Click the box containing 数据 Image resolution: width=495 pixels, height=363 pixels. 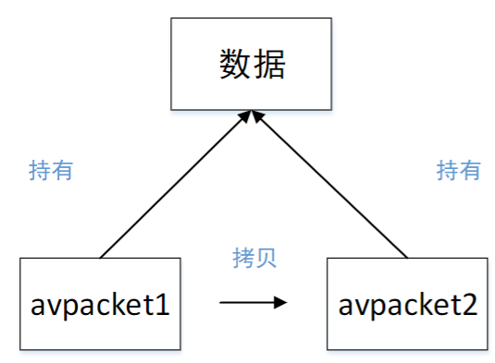click(x=253, y=64)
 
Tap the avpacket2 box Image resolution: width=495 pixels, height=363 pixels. click(x=407, y=305)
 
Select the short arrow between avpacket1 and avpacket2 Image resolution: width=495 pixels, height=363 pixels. click(x=252, y=301)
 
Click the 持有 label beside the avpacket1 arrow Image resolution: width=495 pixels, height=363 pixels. click(x=52, y=170)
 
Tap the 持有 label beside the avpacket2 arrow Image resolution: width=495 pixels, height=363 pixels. click(x=458, y=170)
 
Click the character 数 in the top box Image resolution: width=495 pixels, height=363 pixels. click(x=236, y=64)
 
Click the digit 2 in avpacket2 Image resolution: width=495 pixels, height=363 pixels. click(x=470, y=305)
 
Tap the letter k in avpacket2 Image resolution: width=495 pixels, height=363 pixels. click(x=423, y=305)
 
